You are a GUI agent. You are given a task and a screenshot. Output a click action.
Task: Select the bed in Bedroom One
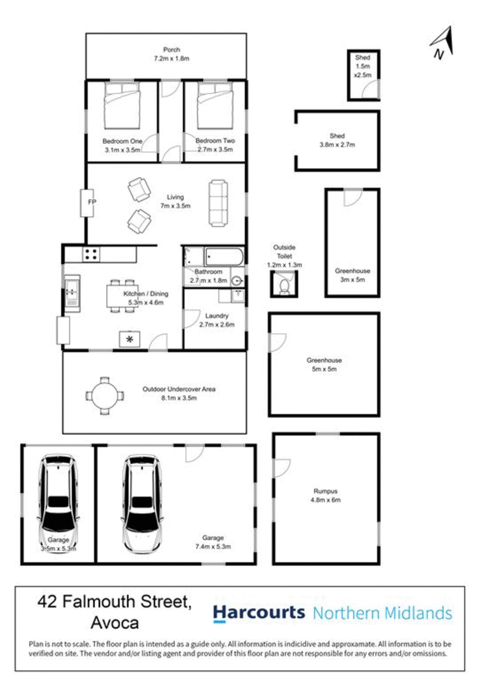coord(122,104)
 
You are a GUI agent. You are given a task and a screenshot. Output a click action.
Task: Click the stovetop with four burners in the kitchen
coord(92,255)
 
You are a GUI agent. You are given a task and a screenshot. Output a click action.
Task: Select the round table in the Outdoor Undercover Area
coord(106,396)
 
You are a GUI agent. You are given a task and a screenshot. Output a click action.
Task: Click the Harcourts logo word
coord(259,613)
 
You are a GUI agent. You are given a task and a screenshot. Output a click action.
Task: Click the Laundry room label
coord(216,316)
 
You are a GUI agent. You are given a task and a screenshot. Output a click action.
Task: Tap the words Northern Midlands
coord(383,613)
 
